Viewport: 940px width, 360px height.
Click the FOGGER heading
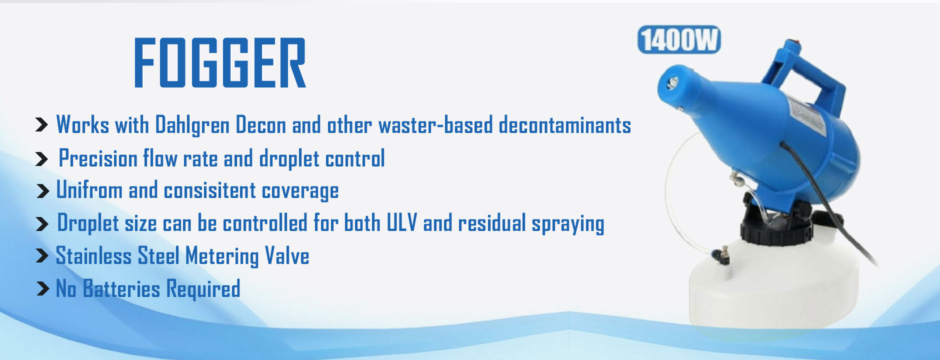point(220,63)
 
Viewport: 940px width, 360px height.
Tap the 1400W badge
point(679,39)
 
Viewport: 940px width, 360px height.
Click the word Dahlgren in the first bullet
point(192,125)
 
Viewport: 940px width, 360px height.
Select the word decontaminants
point(565,125)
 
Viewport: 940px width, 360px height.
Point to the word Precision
point(98,158)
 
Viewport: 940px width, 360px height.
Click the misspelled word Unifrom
point(89,190)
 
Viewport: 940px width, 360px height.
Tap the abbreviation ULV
point(401,222)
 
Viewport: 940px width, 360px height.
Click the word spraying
point(568,224)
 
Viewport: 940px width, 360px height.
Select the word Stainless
point(93,255)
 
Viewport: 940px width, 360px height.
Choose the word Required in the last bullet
point(203,289)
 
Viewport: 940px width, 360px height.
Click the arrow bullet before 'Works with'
point(42,124)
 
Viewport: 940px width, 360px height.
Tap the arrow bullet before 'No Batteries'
point(43,288)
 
